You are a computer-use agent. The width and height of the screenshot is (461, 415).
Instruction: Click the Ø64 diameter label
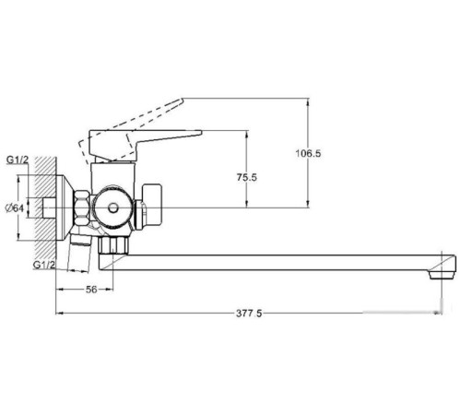[x=14, y=207]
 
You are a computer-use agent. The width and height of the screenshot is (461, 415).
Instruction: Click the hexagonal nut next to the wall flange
[x=79, y=207]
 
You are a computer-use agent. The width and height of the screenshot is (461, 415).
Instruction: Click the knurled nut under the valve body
[x=115, y=246]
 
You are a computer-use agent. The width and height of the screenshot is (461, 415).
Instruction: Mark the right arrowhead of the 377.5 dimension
[x=450, y=314]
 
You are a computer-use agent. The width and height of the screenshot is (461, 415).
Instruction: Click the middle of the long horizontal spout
[x=277, y=263]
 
